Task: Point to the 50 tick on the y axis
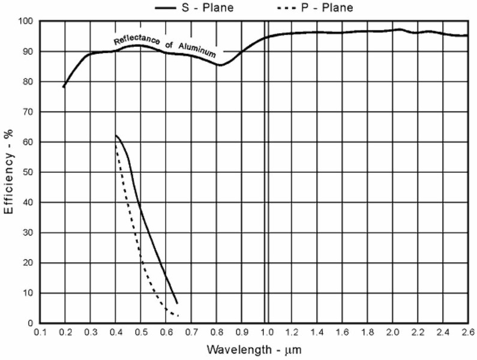(x=28, y=173)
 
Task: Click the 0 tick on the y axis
(x=30, y=324)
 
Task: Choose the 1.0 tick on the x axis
(x=266, y=332)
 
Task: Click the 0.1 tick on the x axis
(x=40, y=332)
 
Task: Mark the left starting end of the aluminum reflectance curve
(x=64, y=88)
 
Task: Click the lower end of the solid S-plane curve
(x=177, y=304)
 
